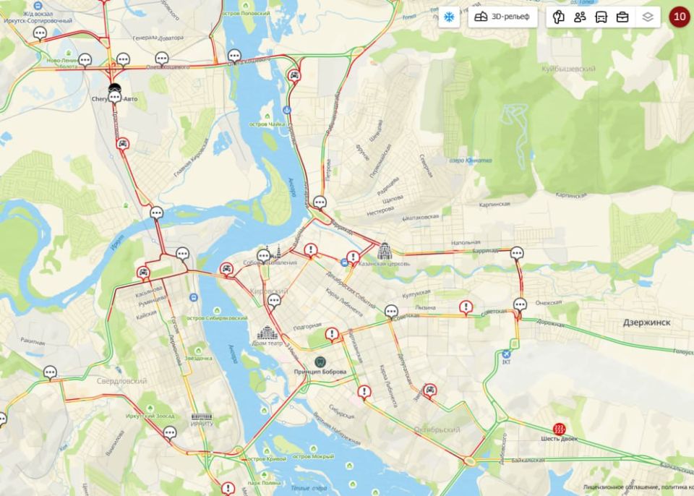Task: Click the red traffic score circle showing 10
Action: point(679,17)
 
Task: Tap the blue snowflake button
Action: point(448,17)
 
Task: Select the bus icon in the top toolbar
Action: point(601,17)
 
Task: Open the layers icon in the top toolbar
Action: point(648,17)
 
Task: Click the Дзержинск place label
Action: point(646,322)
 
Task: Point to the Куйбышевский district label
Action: point(568,69)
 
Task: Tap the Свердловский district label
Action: point(122,380)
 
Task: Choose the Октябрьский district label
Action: point(437,429)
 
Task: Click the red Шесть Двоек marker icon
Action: point(559,428)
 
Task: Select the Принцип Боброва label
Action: point(320,372)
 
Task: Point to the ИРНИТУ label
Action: point(202,424)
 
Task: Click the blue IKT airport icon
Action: point(506,354)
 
